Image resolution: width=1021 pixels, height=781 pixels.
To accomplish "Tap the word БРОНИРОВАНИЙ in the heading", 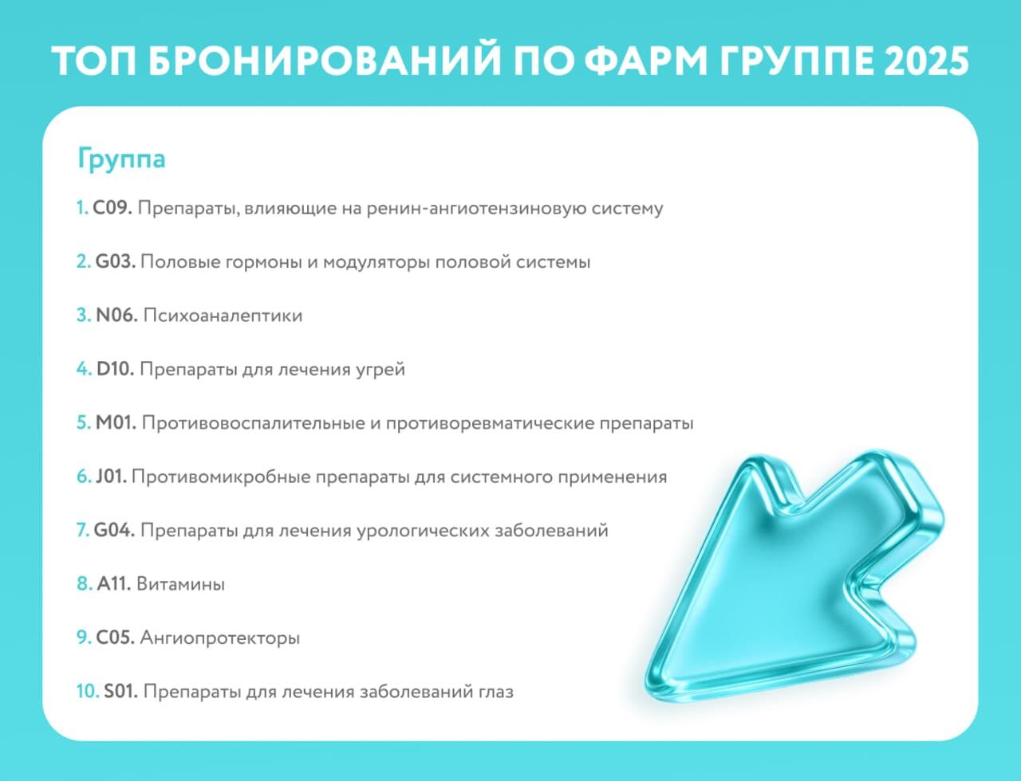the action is pos(325,61).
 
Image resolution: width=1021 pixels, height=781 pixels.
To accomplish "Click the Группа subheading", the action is pos(121,159).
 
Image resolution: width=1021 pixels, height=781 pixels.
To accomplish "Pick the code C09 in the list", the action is pos(112,208).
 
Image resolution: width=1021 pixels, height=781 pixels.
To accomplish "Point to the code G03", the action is pos(115,262).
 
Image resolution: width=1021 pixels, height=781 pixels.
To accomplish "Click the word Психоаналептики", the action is pos(223,316).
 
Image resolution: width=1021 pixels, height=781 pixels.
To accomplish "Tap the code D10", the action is pos(115,369).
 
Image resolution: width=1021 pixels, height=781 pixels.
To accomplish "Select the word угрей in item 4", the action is pos(380,371).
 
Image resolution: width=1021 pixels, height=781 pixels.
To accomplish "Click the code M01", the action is pos(116,423).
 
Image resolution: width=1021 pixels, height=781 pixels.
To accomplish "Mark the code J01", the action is pos(111,477).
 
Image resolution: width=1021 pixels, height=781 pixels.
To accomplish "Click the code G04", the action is pos(114,531).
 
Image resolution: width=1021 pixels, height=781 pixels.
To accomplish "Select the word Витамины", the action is pos(180,584).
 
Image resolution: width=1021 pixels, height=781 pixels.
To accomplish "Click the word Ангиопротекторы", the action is pos(220,638).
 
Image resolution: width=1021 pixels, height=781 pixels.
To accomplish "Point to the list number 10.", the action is pos(88,692).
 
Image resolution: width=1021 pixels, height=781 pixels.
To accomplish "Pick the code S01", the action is pos(120,692).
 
